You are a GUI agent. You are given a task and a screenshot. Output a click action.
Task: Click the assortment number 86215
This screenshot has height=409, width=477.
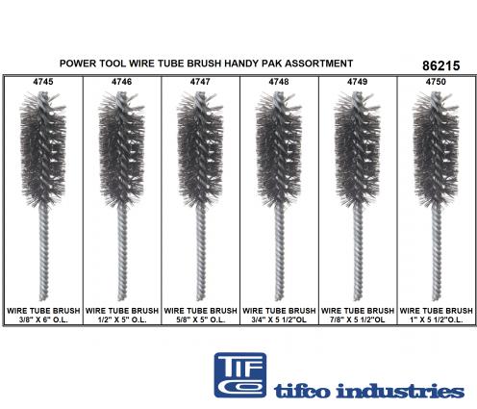441,65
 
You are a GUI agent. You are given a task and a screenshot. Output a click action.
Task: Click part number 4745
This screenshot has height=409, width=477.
43,82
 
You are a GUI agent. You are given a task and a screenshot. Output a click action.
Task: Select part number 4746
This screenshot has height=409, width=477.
122,82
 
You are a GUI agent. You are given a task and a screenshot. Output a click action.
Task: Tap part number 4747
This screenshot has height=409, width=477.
200,82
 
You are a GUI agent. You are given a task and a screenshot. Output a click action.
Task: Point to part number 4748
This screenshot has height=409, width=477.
279,82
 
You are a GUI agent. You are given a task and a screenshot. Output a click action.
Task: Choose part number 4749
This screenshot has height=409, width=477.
358,82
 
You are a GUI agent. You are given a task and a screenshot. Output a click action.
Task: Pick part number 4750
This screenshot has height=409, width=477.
436,82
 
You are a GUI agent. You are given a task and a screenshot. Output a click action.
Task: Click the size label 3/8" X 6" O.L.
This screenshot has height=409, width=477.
43,320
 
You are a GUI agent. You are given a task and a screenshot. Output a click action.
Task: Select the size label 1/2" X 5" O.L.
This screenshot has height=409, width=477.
122,320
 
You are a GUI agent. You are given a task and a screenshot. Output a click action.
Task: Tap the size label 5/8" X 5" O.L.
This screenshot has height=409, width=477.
200,320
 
